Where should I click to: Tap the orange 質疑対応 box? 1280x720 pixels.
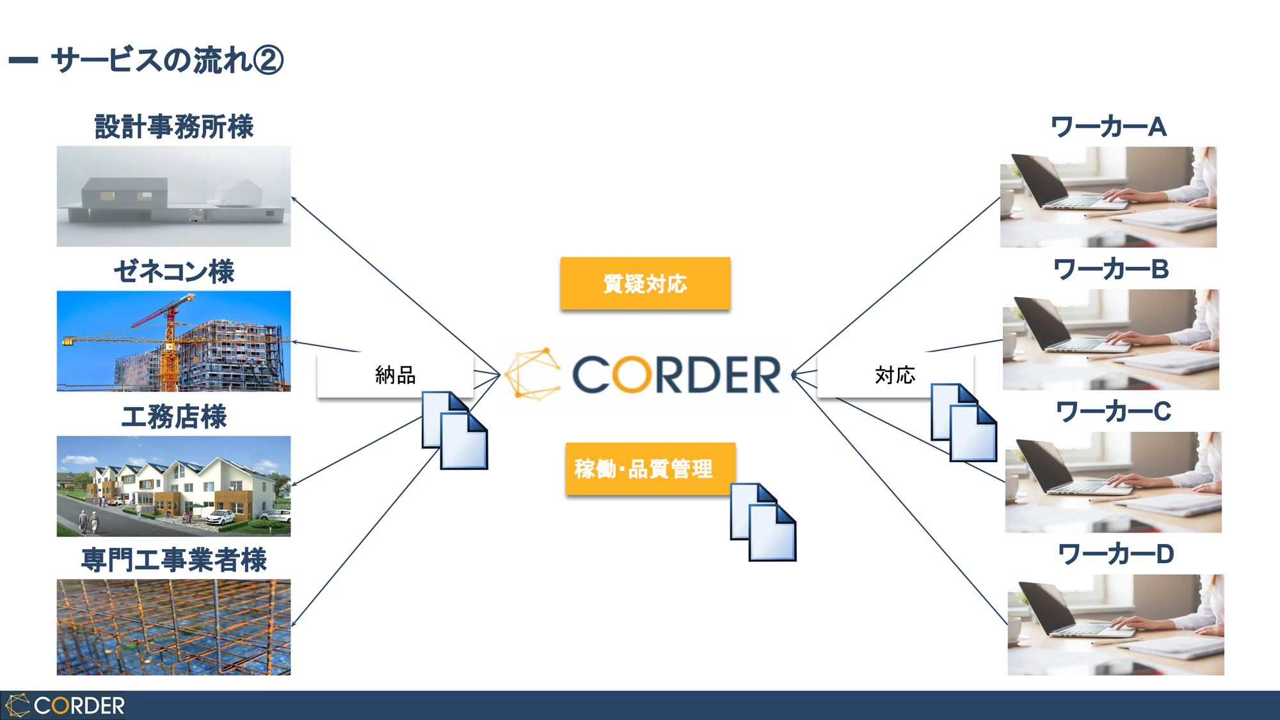(x=645, y=284)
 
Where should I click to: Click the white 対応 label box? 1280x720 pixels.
(x=895, y=375)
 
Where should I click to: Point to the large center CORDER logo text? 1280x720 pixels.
(x=676, y=375)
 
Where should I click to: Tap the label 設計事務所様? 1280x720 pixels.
(x=174, y=127)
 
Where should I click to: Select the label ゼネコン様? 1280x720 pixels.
(x=174, y=271)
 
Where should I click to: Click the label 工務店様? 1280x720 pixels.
(x=174, y=417)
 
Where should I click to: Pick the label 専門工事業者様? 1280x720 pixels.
(x=174, y=560)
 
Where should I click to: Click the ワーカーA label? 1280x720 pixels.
(x=1109, y=127)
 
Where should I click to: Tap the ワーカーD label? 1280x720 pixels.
(x=1116, y=554)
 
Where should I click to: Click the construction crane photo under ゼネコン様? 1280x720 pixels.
(x=173, y=341)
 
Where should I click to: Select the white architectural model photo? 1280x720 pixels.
(x=173, y=196)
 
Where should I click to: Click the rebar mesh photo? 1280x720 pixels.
(x=173, y=627)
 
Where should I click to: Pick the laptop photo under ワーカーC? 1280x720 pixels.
(x=1113, y=482)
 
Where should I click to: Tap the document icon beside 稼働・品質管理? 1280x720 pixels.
(x=764, y=522)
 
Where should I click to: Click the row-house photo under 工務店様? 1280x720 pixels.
(x=173, y=486)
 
